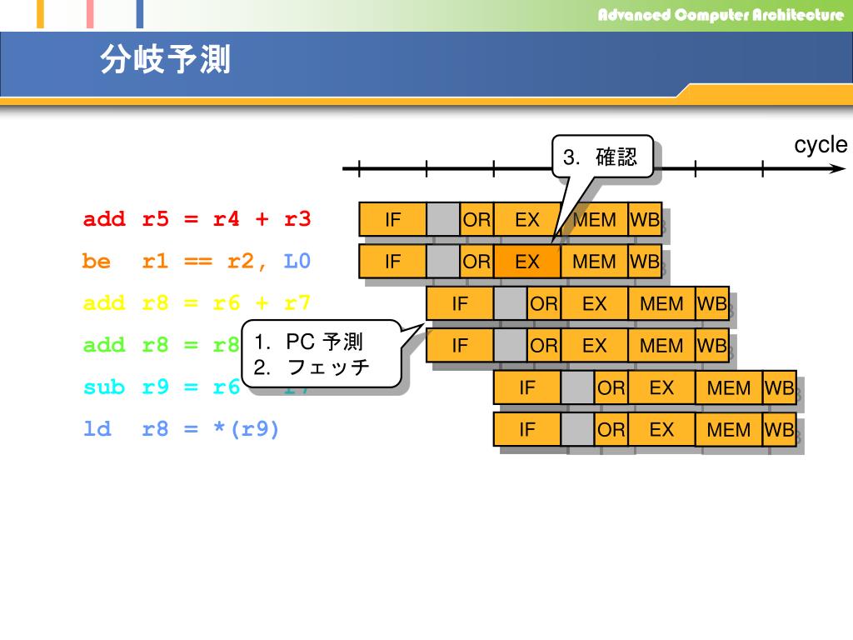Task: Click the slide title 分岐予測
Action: point(165,60)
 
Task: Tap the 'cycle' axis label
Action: point(820,145)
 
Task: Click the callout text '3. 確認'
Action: point(600,157)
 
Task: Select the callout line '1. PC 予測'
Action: point(308,342)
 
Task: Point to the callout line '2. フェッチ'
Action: point(312,367)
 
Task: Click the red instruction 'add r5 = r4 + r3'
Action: point(197,220)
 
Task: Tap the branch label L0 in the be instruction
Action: point(297,262)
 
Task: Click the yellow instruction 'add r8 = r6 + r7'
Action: point(197,303)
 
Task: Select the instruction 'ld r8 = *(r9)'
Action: point(182,430)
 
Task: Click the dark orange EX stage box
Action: point(527,262)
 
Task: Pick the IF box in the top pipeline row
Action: point(392,220)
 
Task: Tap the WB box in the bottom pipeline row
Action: point(780,430)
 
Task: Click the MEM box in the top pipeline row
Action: point(595,220)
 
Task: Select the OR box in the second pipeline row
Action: point(476,262)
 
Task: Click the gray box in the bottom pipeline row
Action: point(577,430)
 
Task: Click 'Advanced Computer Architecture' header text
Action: point(720,15)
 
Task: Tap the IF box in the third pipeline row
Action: point(460,303)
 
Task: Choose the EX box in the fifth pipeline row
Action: point(661,387)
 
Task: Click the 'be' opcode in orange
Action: point(97,262)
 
